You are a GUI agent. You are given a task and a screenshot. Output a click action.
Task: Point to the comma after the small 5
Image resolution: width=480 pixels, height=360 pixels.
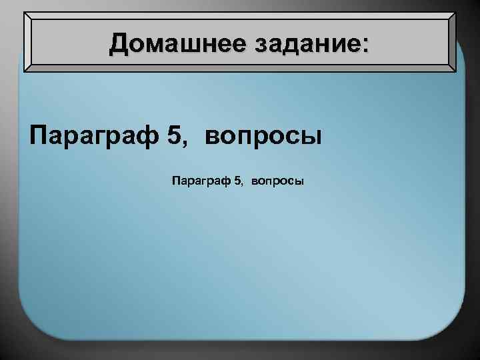[x=243, y=184]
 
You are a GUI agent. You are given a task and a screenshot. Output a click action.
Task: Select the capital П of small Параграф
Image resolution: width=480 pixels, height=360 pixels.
[x=176, y=180]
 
